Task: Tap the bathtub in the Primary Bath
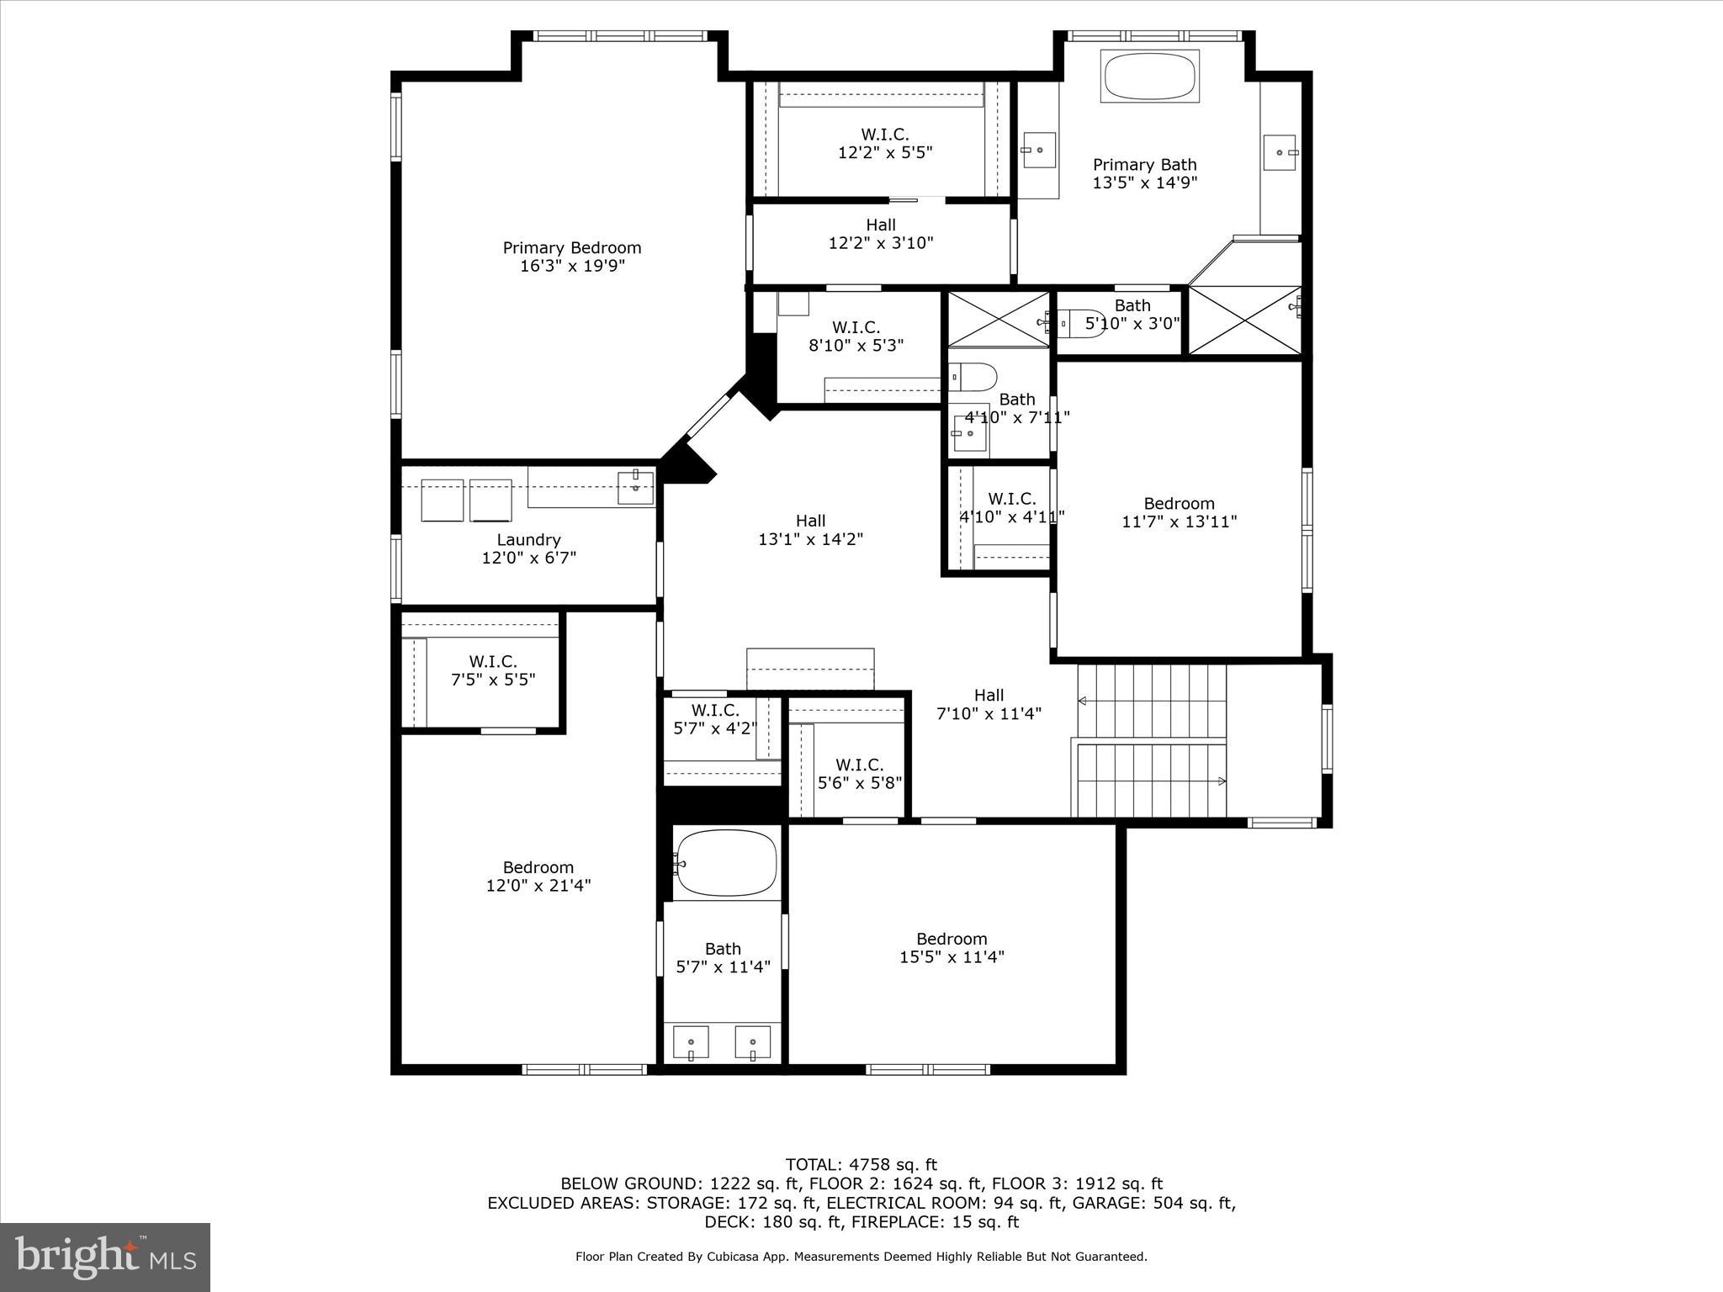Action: [1149, 77]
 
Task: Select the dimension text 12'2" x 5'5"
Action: [884, 152]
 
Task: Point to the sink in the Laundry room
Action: [635, 486]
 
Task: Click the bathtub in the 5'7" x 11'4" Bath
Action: [727, 863]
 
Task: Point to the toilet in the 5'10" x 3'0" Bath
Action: [1080, 323]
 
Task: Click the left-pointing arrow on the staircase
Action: [1083, 701]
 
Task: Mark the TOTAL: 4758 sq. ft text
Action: [861, 1165]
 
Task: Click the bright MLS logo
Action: [105, 1257]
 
